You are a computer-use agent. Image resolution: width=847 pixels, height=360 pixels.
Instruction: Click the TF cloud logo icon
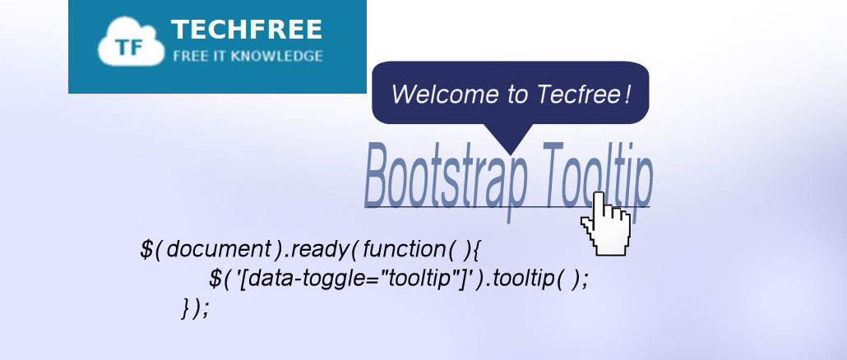[x=131, y=42]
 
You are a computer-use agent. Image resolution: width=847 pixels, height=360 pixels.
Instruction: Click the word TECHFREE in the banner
[x=247, y=30]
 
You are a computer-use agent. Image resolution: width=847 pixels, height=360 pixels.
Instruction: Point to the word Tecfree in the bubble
[x=577, y=94]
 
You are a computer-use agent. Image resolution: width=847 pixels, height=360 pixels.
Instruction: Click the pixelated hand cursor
[x=605, y=224]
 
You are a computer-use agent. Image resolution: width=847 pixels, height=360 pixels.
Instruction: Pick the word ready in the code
[x=322, y=251]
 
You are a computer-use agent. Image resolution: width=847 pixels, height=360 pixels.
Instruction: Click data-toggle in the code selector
[x=314, y=280]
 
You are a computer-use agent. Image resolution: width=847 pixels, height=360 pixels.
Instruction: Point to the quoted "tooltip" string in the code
[x=420, y=279]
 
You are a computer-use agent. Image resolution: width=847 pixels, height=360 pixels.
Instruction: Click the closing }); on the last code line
[x=195, y=309]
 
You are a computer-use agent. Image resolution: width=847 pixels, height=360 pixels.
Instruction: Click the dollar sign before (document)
[x=146, y=250]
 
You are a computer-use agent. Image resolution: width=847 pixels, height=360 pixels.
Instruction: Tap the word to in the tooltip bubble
[x=517, y=95]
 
